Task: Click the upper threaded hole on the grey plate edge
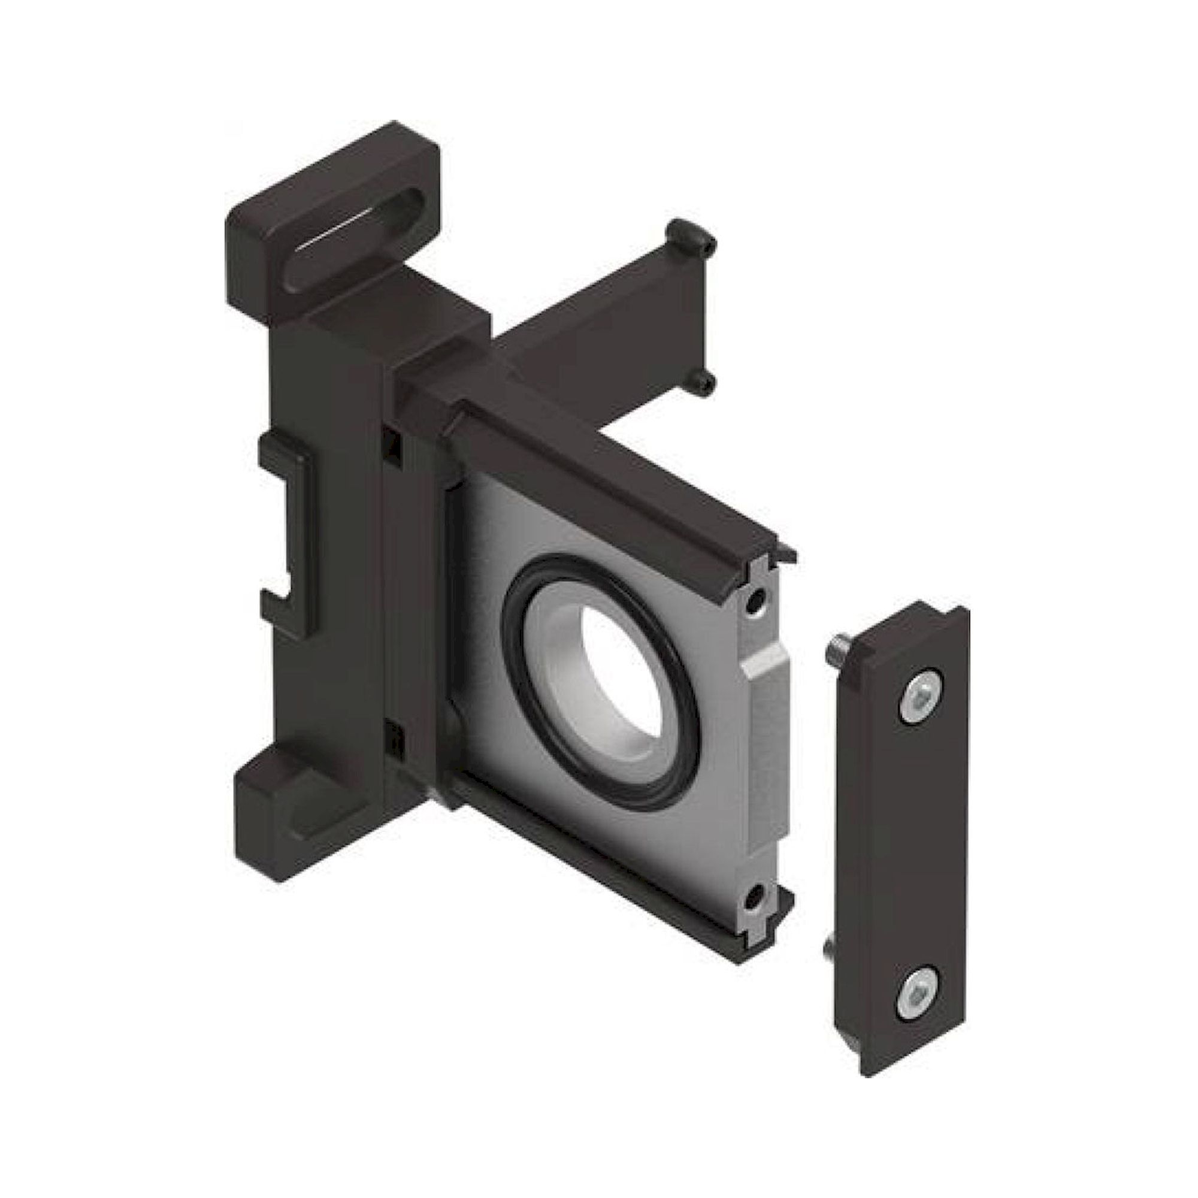click(755, 601)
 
